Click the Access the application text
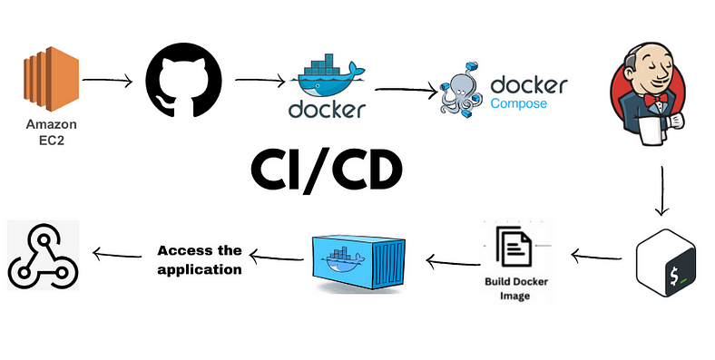pyautogui.click(x=200, y=259)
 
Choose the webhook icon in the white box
pyautogui.click(x=42, y=257)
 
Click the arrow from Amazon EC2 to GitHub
pyautogui.click(x=106, y=81)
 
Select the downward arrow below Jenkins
pyautogui.click(x=662, y=190)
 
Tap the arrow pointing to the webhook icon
pyautogui.click(x=117, y=256)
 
